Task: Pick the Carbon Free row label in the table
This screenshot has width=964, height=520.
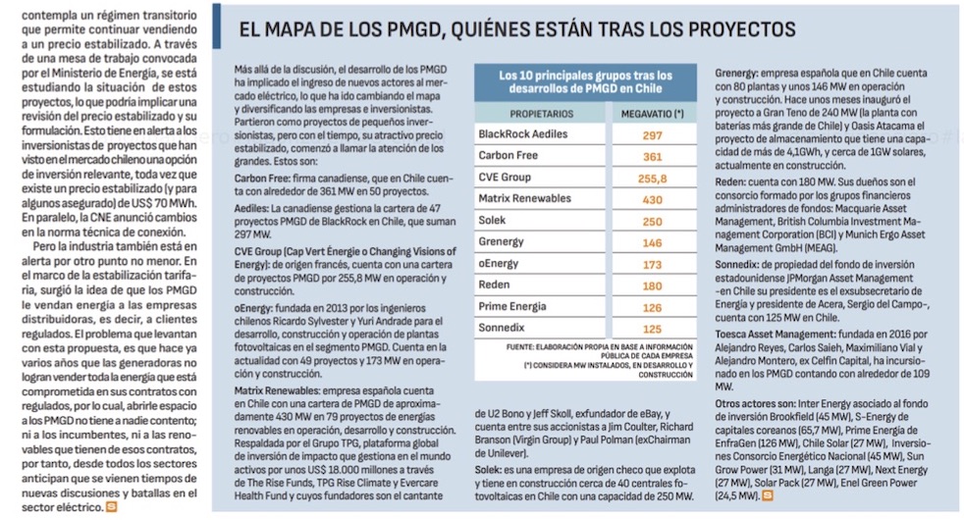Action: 509,156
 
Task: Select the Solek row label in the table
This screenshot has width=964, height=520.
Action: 493,222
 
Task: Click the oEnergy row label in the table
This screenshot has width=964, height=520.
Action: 501,265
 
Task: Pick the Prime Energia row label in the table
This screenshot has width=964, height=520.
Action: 513,308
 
